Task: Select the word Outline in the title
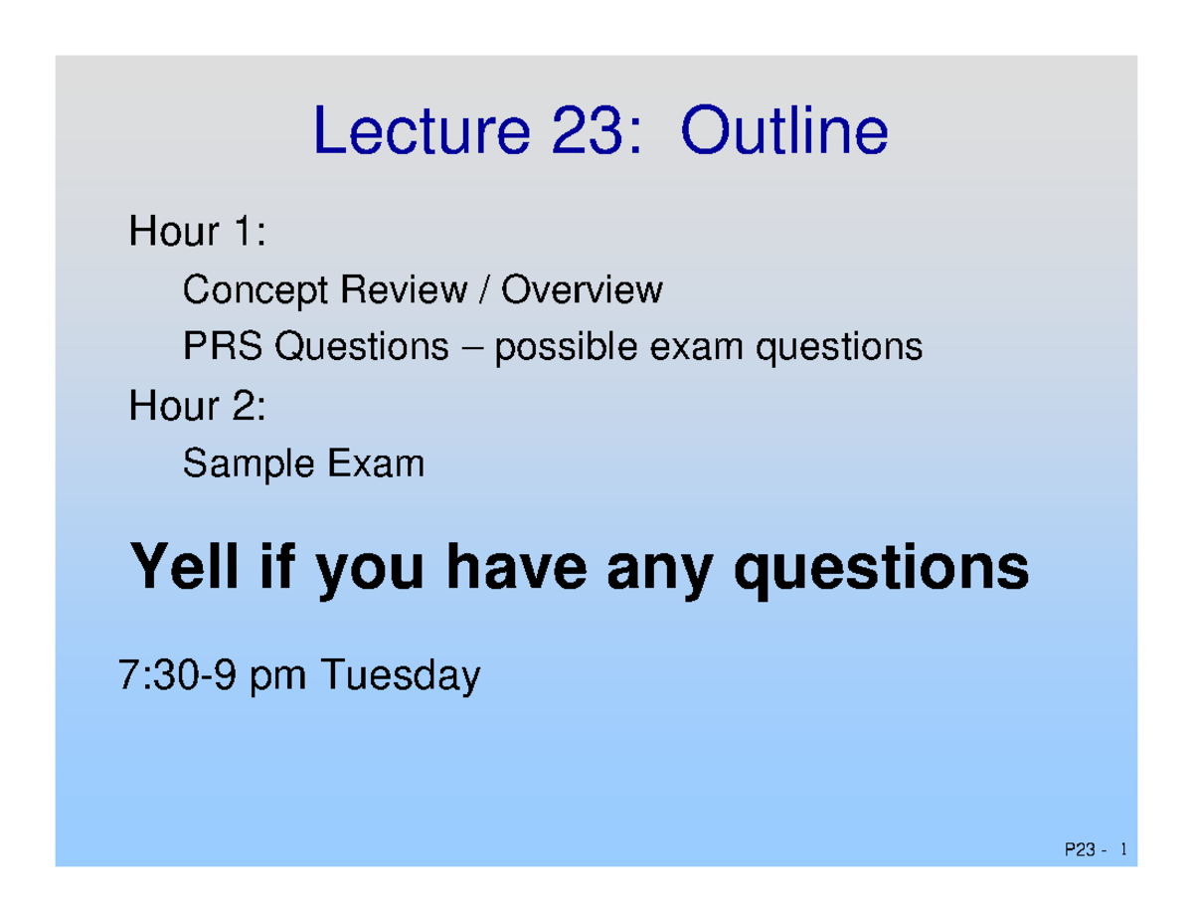pos(783,133)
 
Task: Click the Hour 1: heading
pos(197,234)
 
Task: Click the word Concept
pos(255,291)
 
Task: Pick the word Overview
pos(582,290)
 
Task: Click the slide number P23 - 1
pos(1095,850)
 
